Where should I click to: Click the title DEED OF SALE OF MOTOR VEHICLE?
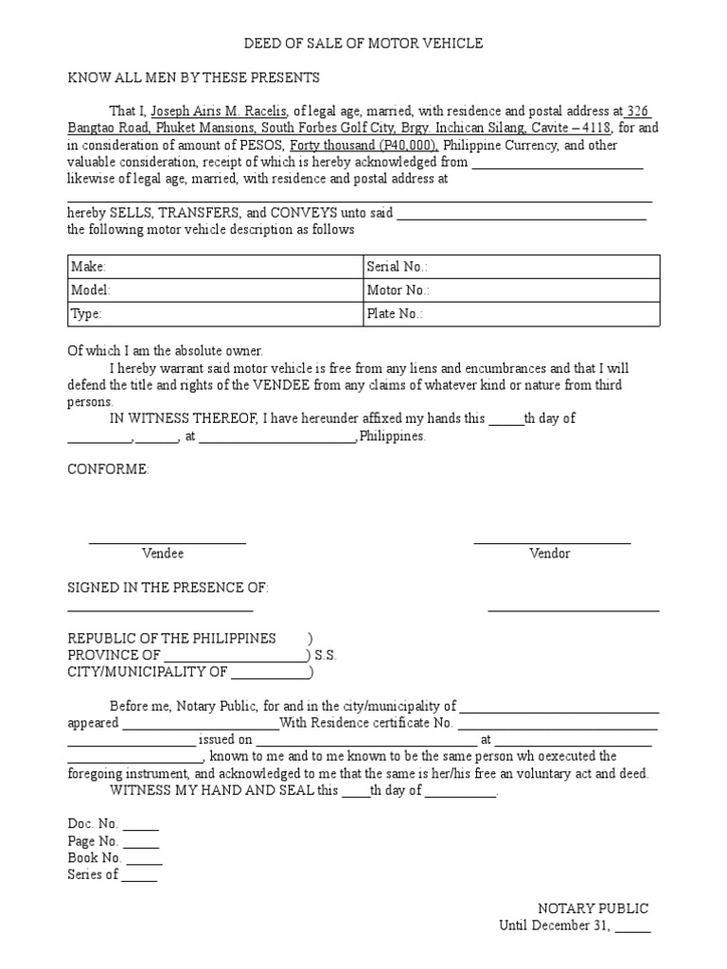tap(363, 44)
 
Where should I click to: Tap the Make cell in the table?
tap(215, 268)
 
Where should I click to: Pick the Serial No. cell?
tap(511, 268)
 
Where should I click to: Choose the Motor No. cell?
tap(511, 291)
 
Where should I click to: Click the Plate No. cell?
tap(511, 315)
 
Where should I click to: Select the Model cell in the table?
tap(215, 291)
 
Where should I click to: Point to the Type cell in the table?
tap(215, 315)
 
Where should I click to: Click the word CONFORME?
tap(108, 470)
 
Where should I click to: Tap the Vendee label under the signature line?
tap(163, 554)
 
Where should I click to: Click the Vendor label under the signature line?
tap(550, 554)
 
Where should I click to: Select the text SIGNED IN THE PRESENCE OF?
tap(168, 589)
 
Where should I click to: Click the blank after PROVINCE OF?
tap(235, 655)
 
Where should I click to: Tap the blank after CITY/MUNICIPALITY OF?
tap(270, 673)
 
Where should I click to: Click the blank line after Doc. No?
tap(141, 824)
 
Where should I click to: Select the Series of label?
tap(93, 875)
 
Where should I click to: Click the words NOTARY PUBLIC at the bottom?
tap(594, 909)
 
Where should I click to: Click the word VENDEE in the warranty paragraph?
tap(276, 385)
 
